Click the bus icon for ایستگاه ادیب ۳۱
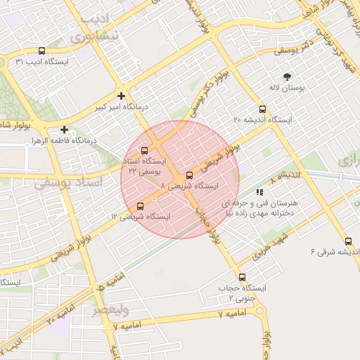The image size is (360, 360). [42, 51]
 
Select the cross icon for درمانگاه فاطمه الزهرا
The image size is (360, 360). [65, 129]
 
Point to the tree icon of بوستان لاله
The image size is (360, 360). [287, 77]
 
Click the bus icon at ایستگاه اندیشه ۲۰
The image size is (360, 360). [263, 109]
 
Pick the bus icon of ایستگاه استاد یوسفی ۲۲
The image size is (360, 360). [145, 150]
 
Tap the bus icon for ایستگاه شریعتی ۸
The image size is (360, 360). [189, 175]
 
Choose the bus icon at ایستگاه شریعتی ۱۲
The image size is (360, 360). [140, 207]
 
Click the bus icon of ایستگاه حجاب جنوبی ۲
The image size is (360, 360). [243, 277]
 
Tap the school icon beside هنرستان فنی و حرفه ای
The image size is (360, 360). [259, 191]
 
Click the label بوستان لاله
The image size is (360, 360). [285, 89]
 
